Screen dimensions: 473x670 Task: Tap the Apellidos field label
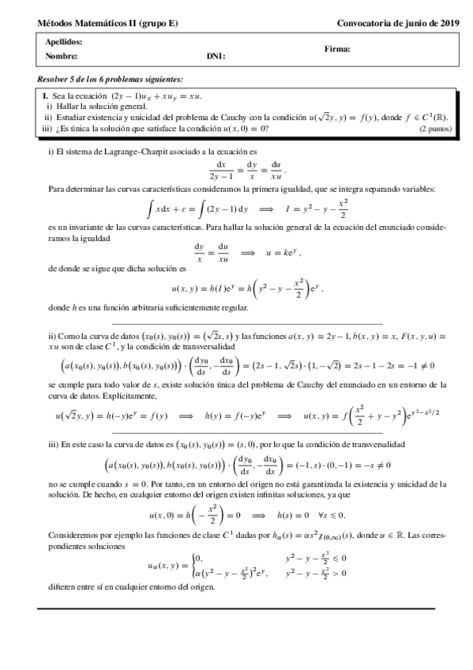(x=64, y=43)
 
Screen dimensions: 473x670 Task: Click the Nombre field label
(x=62, y=57)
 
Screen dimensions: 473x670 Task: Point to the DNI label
(x=215, y=57)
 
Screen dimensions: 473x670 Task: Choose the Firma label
(x=337, y=49)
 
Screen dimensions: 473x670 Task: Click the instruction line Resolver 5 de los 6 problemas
(x=110, y=80)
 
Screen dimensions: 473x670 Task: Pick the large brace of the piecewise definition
(x=190, y=566)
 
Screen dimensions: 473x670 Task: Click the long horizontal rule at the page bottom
(x=236, y=608)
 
